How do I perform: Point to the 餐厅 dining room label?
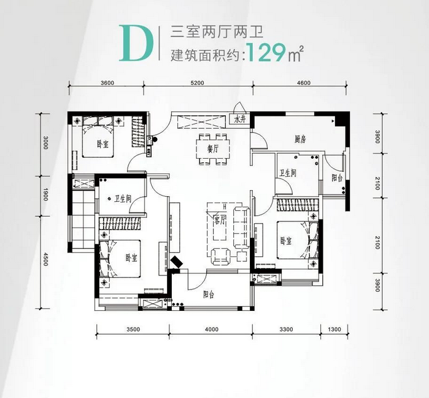tap(213, 148)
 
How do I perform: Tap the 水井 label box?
tap(239, 120)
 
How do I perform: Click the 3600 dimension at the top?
tap(107, 83)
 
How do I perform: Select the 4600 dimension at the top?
tap(303, 83)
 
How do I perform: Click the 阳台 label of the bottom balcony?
tap(209, 294)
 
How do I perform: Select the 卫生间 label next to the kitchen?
tap(288, 174)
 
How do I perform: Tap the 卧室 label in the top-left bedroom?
tap(102, 145)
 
